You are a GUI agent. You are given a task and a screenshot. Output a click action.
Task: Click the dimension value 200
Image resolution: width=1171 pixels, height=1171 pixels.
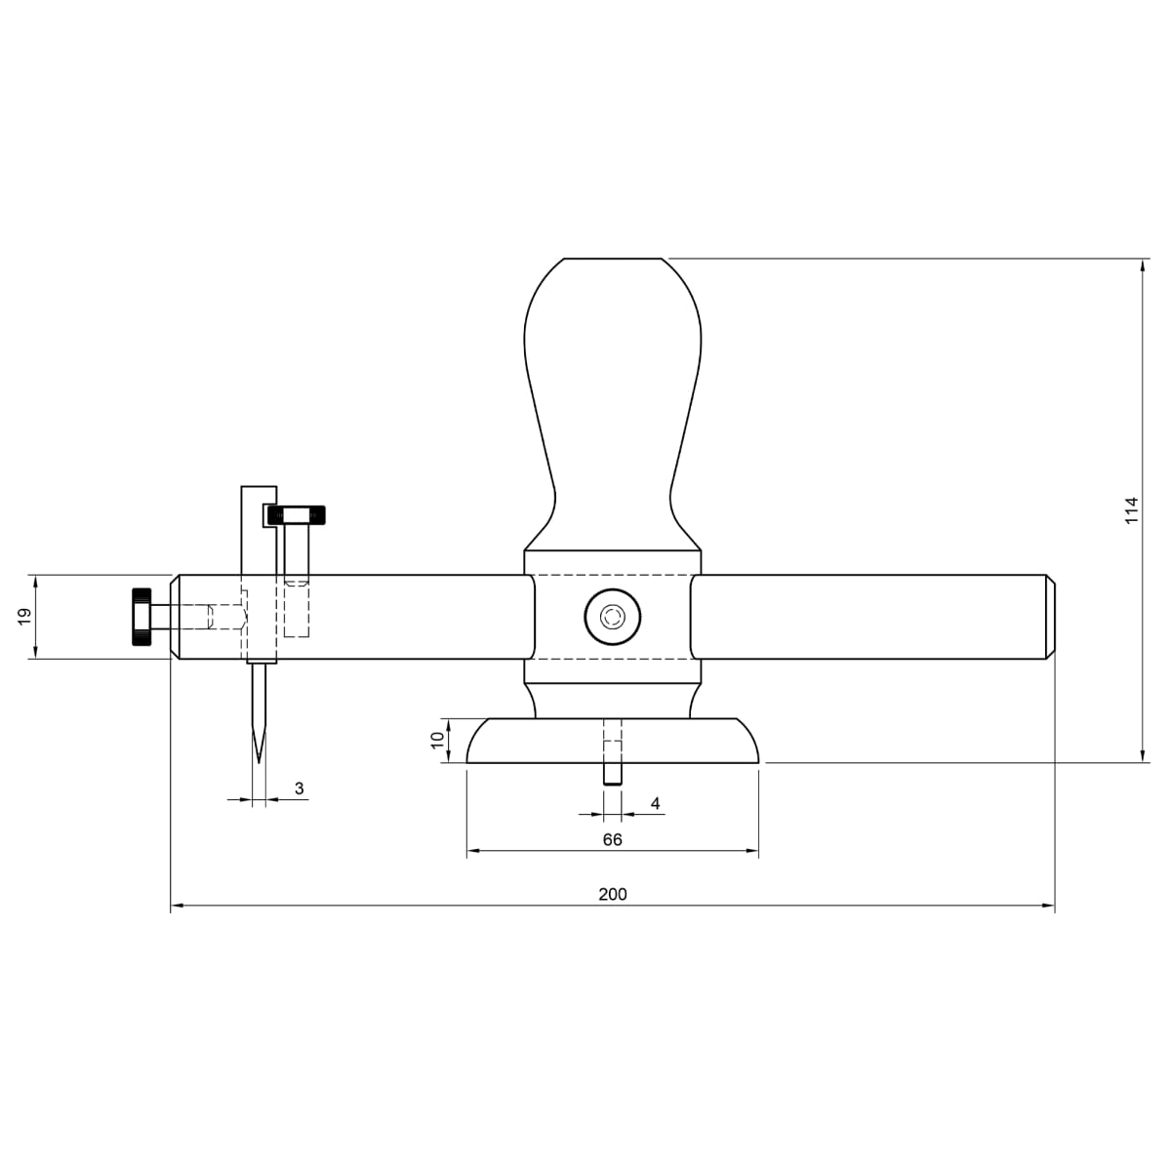click(x=613, y=894)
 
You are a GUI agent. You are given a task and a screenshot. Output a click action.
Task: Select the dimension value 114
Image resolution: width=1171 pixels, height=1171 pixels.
click(x=1131, y=510)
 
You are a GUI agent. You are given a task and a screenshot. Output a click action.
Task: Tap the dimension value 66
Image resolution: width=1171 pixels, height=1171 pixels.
click(x=613, y=839)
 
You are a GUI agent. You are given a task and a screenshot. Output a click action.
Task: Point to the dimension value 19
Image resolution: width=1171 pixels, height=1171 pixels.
click(x=24, y=616)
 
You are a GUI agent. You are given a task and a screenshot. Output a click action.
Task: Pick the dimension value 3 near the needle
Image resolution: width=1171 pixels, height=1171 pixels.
click(x=299, y=787)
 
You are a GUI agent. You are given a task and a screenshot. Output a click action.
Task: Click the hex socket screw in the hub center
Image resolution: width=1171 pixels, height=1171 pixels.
click(x=613, y=617)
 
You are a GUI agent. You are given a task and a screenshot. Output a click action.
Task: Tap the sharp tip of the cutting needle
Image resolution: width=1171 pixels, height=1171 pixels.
click(x=259, y=762)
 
